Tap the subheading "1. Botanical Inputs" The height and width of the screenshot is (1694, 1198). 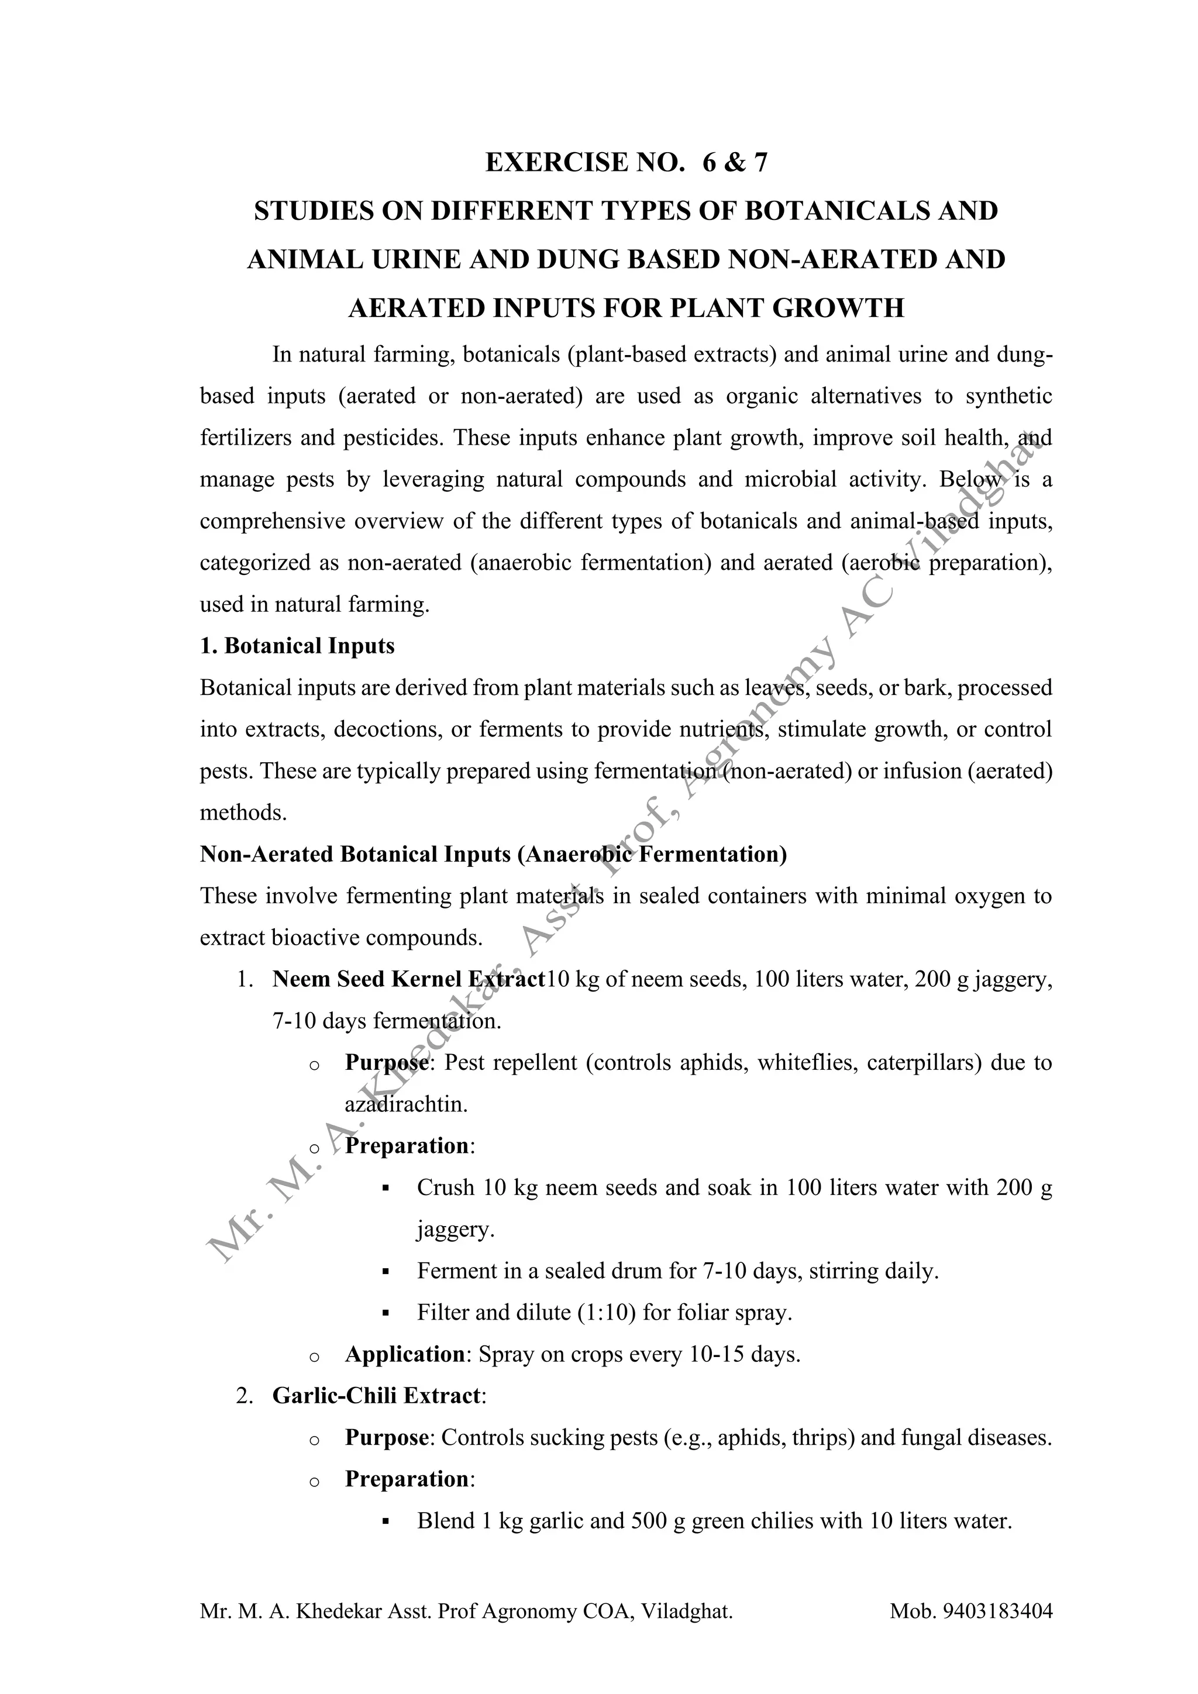[297, 646]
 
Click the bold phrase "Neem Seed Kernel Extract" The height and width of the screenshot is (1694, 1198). [408, 979]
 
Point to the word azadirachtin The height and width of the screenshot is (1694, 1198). [406, 1104]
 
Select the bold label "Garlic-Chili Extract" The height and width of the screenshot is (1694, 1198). [376, 1396]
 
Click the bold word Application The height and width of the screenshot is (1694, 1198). [404, 1355]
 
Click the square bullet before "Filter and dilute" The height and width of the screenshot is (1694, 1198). [385, 1313]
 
